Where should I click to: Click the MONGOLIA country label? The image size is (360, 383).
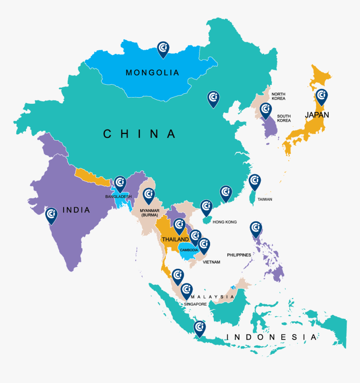(152, 73)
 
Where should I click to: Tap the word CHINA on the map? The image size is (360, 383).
(140, 134)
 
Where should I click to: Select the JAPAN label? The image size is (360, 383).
(317, 115)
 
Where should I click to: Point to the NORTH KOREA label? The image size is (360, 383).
(278, 96)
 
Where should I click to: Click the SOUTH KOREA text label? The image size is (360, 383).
(283, 118)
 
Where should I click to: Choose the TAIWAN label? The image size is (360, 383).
(265, 199)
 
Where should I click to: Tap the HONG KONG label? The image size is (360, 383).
(225, 222)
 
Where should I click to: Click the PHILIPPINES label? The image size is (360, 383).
(239, 255)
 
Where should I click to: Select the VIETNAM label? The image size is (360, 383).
(211, 262)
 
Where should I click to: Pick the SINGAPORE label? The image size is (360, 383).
(195, 304)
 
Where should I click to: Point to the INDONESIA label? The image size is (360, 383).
(271, 337)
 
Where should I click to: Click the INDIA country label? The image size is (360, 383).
(76, 210)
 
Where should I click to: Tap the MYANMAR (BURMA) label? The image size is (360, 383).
(149, 213)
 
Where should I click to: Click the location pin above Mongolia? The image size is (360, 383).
(163, 49)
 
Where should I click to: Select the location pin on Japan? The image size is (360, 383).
(321, 97)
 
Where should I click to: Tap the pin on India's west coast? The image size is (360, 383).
(51, 215)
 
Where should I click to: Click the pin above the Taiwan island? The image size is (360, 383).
(255, 182)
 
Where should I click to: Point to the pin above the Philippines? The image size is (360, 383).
(256, 229)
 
